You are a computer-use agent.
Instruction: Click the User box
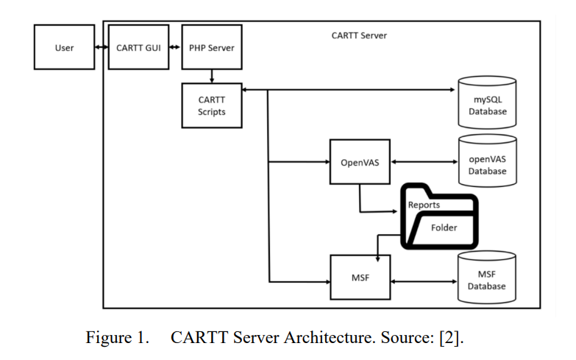64,47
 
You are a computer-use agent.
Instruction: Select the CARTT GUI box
139,47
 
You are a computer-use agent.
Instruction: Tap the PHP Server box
212,47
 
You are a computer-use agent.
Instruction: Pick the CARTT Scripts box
212,105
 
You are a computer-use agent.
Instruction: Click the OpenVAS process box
360,162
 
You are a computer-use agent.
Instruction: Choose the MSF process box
360,278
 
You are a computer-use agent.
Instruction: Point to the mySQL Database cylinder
487,102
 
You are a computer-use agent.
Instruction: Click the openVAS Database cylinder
488,160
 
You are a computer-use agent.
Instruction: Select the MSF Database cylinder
487,278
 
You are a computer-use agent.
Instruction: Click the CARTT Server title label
359,35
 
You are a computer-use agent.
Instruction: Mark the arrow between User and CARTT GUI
102,47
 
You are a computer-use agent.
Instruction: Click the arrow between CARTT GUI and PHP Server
175,47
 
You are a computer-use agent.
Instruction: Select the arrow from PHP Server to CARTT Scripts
212,76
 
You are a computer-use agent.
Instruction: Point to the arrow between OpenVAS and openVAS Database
424,162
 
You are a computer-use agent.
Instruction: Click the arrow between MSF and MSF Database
424,282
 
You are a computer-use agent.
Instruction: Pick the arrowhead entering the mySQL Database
452,90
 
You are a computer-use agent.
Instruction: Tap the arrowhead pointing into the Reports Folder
394,211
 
